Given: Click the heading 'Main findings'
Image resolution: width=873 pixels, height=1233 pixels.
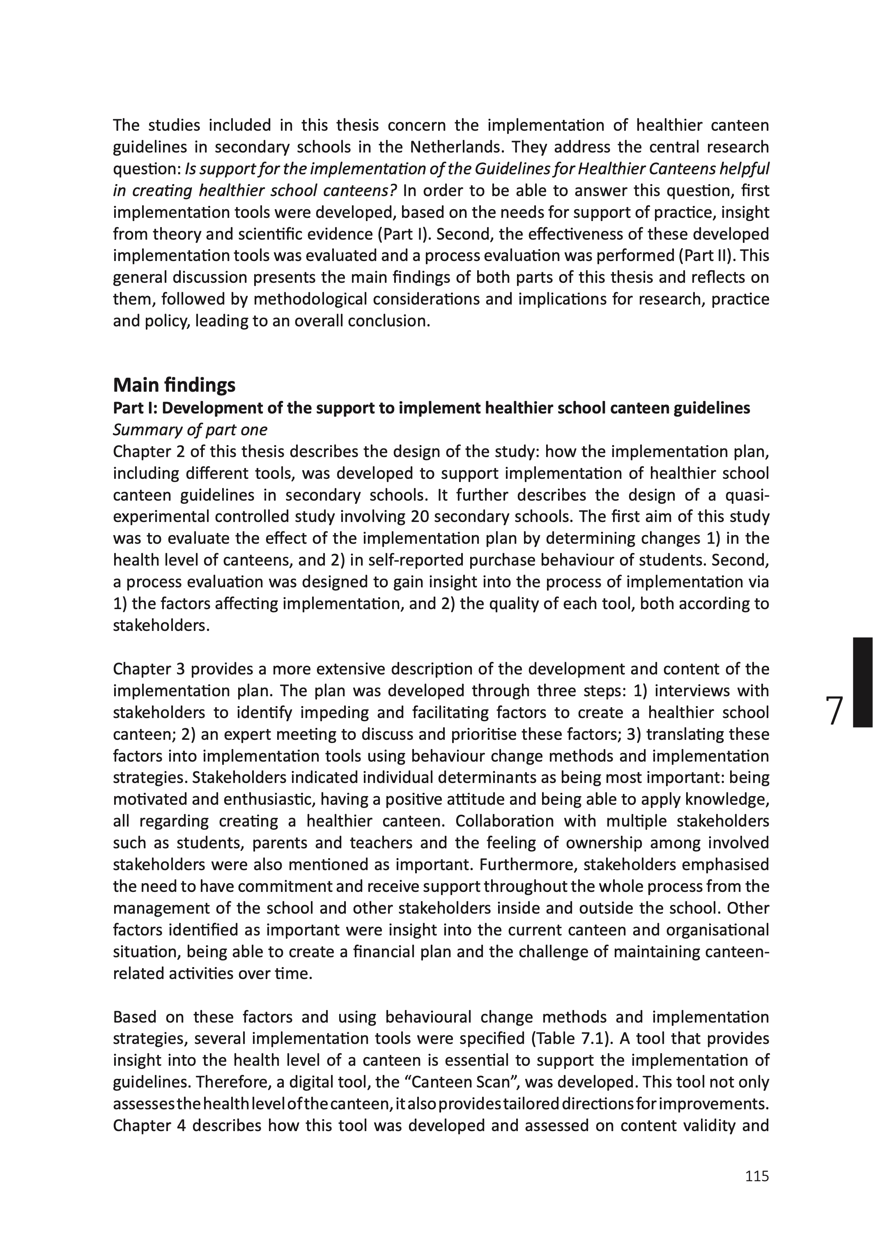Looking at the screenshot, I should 174,385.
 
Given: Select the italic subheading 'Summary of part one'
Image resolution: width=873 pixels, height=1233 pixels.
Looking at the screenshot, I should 190,430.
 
